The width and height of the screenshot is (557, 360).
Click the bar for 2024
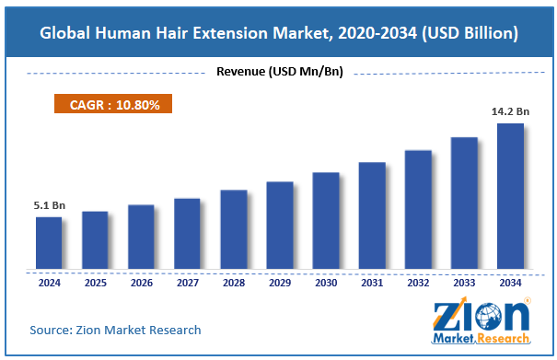tap(49, 244)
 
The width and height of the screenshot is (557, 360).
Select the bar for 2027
tap(187, 235)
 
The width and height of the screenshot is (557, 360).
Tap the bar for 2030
tap(325, 222)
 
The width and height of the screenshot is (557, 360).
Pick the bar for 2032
tap(418, 211)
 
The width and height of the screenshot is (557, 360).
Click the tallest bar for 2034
tap(510, 197)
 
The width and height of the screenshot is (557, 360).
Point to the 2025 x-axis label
tap(95, 283)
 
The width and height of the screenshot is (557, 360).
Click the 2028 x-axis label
tap(233, 283)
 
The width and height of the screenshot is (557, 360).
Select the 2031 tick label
tap(371, 283)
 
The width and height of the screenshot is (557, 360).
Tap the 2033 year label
tap(464, 283)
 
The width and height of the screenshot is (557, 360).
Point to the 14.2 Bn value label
tap(509, 111)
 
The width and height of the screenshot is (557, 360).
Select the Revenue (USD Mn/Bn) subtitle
tap(278, 73)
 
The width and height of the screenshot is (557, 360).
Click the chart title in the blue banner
tap(278, 33)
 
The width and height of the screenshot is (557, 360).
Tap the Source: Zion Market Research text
tap(115, 330)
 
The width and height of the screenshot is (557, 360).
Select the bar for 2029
tap(279, 226)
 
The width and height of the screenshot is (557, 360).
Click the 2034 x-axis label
tap(510, 283)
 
